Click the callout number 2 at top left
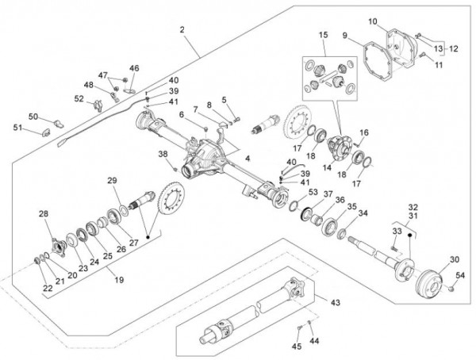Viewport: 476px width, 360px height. [182, 29]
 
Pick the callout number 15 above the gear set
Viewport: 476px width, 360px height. [324, 36]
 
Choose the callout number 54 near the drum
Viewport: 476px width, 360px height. [461, 274]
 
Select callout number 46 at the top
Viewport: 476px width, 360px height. [134, 68]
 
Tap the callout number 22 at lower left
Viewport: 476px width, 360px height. [48, 288]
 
